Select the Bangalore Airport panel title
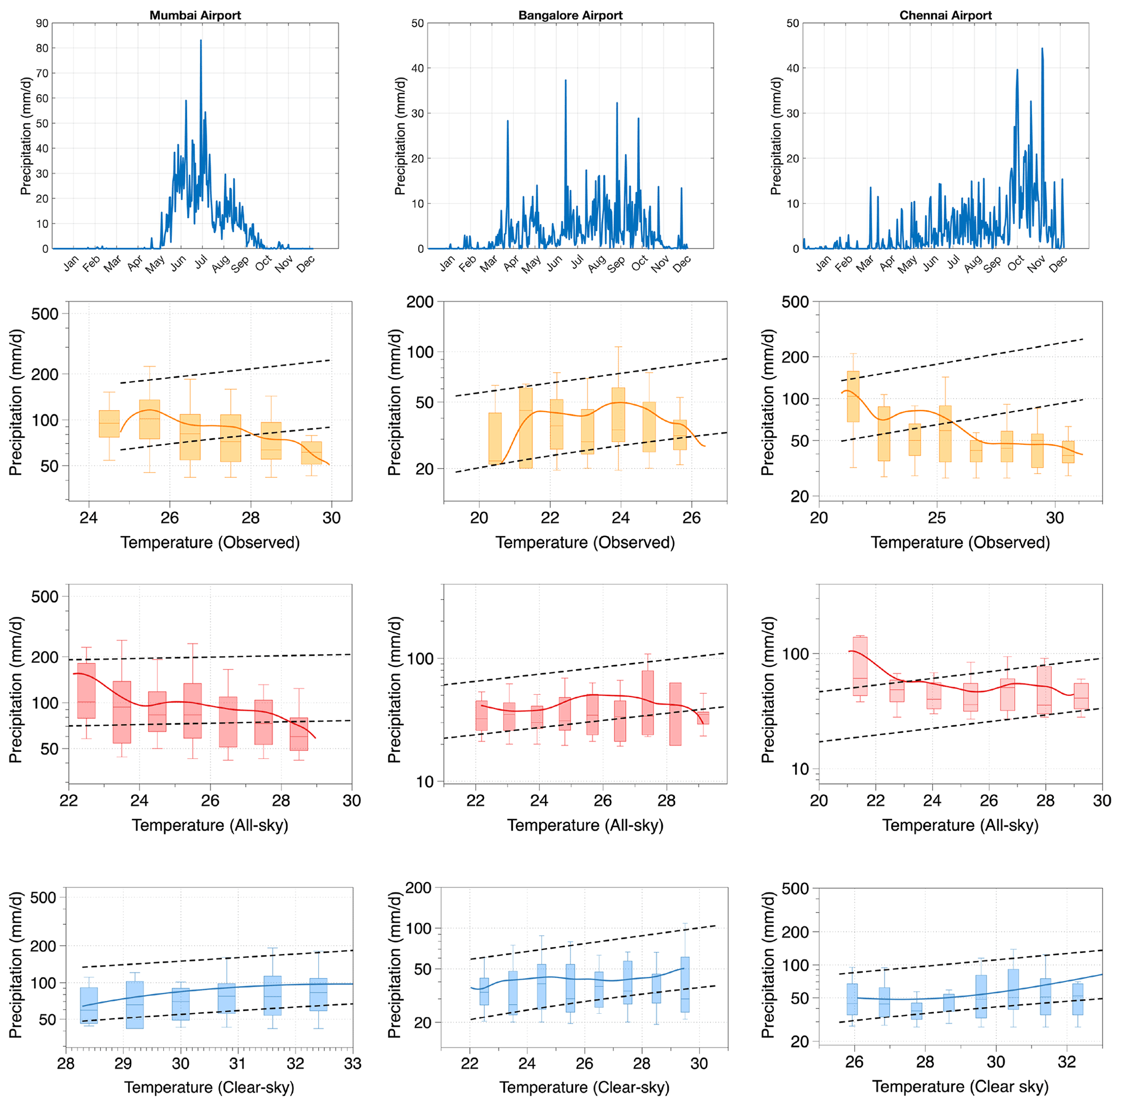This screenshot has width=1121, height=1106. [571, 16]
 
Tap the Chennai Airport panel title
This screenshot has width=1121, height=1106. [945, 16]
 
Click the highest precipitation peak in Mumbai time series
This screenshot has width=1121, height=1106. [201, 41]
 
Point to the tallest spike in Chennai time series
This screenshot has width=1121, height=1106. [1042, 49]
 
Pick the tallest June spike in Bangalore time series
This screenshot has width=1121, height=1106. [565, 81]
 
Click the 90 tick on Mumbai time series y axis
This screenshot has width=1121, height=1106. [42, 23]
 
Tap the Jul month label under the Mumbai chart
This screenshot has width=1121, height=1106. [201, 263]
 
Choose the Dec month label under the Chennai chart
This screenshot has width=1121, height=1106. [1058, 263]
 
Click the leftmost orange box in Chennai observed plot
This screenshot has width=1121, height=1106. [853, 397]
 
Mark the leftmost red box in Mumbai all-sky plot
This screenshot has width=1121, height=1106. [86, 691]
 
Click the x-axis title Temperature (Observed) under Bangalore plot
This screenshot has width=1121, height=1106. [585, 542]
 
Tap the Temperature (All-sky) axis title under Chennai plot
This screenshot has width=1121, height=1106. [960, 825]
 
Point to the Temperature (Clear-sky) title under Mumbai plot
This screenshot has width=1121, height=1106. [209, 1087]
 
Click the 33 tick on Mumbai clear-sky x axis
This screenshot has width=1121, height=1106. [353, 1063]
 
